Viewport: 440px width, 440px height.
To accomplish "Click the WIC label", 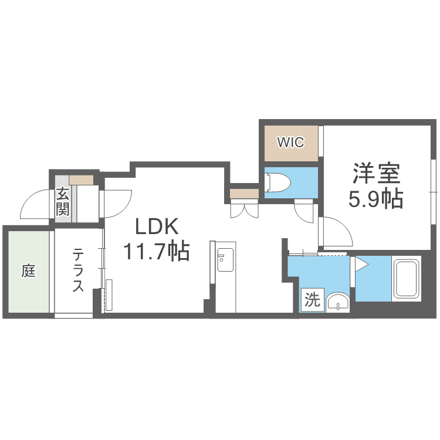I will click(290, 143).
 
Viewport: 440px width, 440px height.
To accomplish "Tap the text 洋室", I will click(375, 174).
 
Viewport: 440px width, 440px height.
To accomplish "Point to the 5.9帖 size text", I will click(375, 200).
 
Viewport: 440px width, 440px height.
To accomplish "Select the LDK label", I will click(156, 226).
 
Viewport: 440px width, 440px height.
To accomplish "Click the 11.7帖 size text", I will click(155, 252).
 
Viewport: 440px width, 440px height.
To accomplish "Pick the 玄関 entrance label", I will click(63, 201).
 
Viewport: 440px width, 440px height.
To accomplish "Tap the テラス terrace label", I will click(79, 270).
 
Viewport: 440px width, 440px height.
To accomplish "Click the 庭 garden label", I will click(28, 271).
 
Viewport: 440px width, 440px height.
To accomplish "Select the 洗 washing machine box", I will click(312, 301).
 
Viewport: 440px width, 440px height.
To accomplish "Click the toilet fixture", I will click(278, 183).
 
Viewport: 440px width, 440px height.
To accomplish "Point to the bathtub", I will click(406, 279).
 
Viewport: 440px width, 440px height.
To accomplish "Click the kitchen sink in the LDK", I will click(224, 260).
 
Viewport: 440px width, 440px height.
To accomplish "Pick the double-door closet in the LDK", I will click(245, 209).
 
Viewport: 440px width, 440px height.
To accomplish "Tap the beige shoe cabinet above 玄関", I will click(81, 180).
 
